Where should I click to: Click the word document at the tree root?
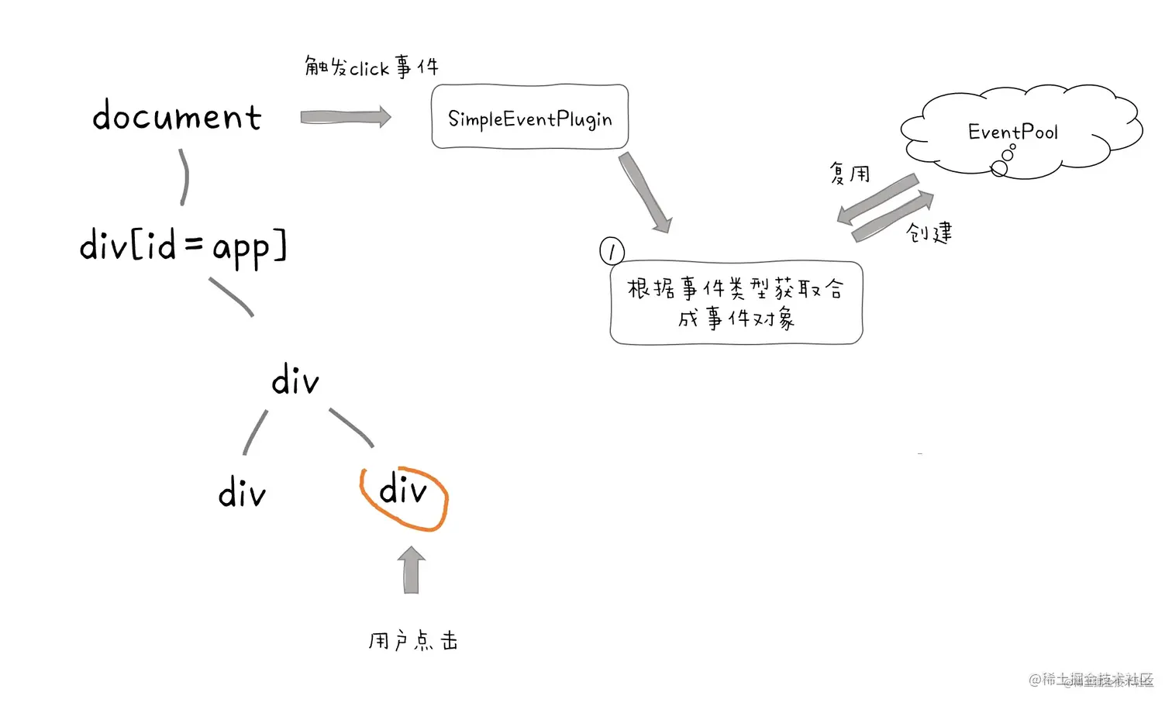point(177,117)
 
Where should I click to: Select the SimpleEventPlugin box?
point(529,117)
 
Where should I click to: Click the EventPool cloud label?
point(1012,132)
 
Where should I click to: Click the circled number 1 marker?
point(612,250)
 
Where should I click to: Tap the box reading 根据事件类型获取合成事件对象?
point(736,303)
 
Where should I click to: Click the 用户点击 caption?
point(413,641)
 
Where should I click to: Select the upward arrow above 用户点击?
point(411,570)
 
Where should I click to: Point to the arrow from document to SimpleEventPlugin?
point(346,117)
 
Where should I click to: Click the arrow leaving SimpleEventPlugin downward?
point(645,192)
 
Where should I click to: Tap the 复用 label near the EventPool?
point(850,174)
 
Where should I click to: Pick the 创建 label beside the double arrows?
point(929,232)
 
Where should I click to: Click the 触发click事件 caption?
point(371,67)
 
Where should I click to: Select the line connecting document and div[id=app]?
point(184,177)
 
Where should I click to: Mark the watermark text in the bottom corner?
point(1091,680)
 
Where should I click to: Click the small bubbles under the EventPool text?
point(1003,160)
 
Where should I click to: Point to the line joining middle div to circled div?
point(351,427)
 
